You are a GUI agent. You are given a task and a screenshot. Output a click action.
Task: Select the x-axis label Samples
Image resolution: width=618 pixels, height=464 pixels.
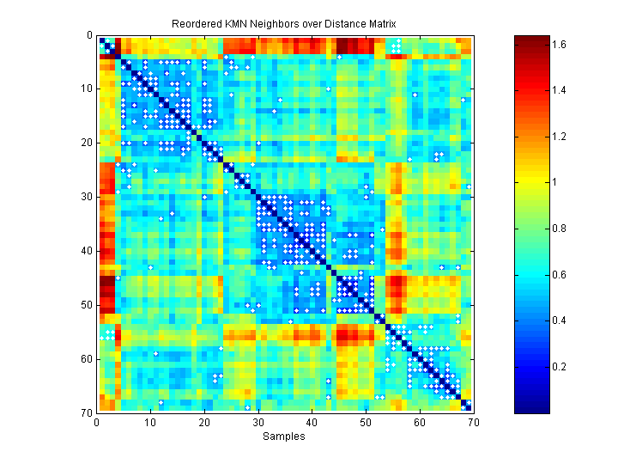tap(284, 437)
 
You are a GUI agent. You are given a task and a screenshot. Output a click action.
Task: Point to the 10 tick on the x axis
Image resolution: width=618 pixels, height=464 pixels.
tap(150, 422)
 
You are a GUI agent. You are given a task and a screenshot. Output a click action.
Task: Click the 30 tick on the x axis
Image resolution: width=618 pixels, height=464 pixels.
tap(257, 422)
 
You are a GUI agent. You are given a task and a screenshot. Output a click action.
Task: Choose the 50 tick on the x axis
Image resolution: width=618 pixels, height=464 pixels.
tap(365, 422)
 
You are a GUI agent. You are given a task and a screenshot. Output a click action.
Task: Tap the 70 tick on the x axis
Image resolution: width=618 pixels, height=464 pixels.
tap(472, 422)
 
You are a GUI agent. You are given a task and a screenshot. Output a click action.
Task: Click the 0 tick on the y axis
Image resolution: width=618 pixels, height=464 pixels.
tap(89, 36)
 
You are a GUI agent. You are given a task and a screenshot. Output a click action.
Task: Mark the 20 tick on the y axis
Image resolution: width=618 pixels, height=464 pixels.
tap(86, 143)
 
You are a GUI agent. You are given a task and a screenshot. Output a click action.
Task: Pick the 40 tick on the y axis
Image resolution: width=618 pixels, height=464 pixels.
tap(86, 252)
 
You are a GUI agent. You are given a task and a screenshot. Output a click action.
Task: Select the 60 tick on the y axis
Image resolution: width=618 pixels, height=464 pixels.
tap(86, 359)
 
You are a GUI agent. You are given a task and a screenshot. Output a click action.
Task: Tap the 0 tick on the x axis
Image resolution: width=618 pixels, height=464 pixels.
tap(97, 422)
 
